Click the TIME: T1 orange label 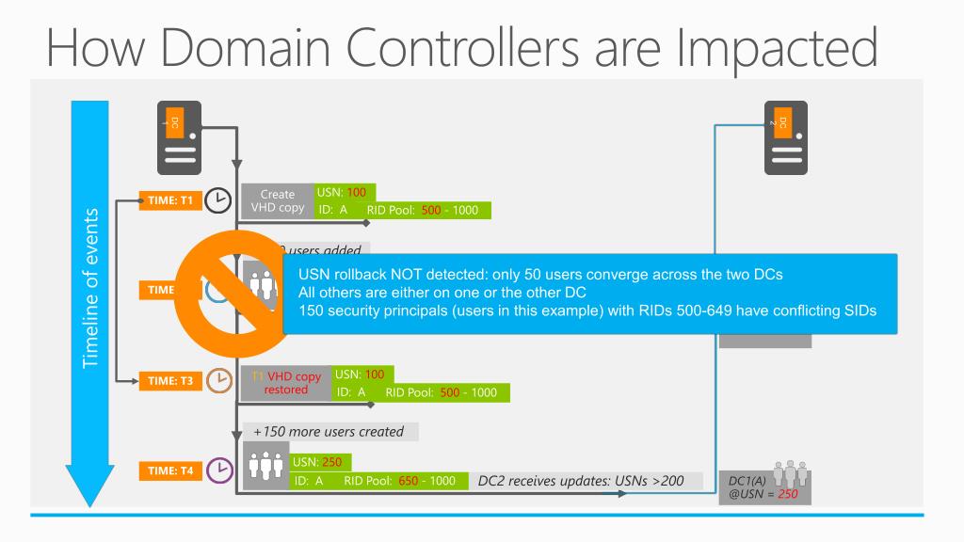[169, 200]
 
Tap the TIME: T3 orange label [169, 381]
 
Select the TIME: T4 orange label [169, 470]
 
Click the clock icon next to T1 [218, 200]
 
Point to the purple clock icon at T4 [218, 470]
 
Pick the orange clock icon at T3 [218, 381]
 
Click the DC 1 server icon [179, 137]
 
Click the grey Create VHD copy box [277, 201]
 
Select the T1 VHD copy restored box [286, 382]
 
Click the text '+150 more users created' [329, 432]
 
